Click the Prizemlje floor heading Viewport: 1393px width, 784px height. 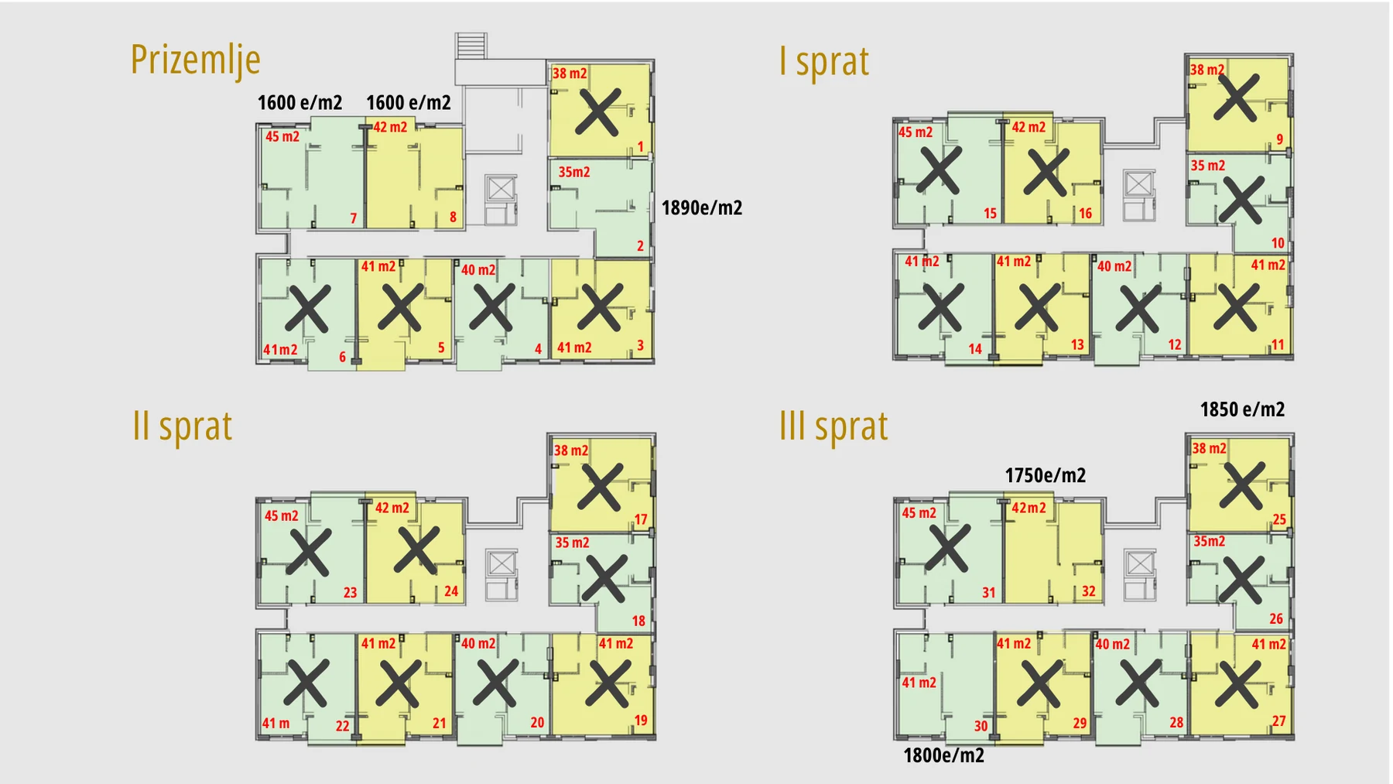coord(195,60)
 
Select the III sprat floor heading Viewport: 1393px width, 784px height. coord(833,426)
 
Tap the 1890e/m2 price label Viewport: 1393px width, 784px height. coord(702,207)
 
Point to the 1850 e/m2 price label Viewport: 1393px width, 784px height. coord(1242,409)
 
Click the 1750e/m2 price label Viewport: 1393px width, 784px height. coord(1045,475)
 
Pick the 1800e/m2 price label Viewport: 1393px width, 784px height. coord(943,755)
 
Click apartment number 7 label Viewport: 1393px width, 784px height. coord(354,219)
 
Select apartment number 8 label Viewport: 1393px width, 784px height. coord(453,217)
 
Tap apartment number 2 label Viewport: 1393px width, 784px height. coord(640,246)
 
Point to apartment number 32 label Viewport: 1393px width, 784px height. coord(1089,591)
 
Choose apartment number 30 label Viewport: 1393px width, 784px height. coord(981,726)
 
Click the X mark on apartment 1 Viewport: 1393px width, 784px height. coord(597,112)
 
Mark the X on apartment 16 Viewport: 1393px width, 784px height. coord(1046,172)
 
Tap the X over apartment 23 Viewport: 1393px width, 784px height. coord(309,552)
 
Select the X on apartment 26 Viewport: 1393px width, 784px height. coord(1241,580)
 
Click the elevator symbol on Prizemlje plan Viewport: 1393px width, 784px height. coord(501,188)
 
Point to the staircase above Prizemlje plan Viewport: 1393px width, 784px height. coord(471,46)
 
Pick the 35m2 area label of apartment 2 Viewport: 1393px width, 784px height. coord(574,172)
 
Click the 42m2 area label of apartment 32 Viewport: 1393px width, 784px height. coord(1028,508)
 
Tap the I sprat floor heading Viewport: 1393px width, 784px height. coord(823,61)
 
